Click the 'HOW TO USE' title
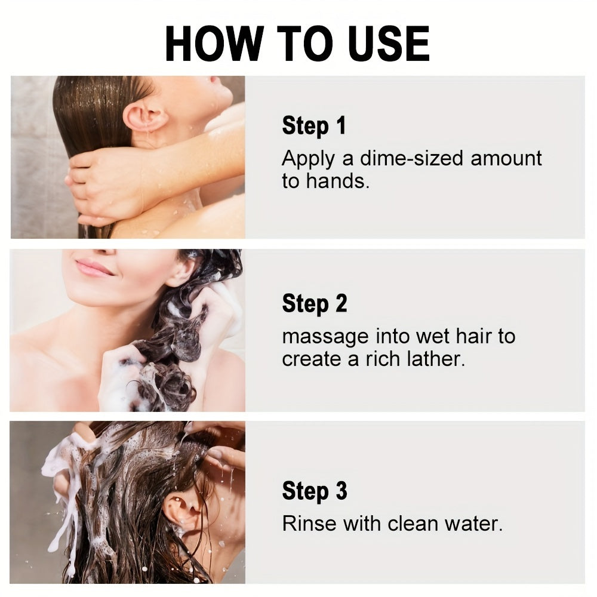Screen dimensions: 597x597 (x=297, y=43)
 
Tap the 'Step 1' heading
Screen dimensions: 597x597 (x=313, y=126)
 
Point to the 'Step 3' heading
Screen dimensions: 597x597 (x=314, y=491)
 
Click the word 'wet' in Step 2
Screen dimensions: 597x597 (x=432, y=337)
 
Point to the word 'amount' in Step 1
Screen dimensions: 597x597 (x=506, y=159)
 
